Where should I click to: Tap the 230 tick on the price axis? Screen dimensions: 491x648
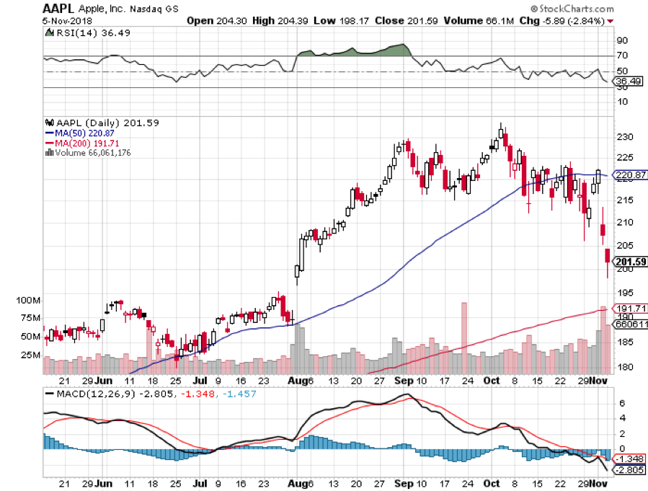point(623,137)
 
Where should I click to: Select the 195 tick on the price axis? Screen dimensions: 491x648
point(623,292)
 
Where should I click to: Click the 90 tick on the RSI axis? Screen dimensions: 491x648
point(621,40)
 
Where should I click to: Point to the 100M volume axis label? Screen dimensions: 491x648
point(28,299)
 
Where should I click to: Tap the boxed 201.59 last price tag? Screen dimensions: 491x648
point(628,262)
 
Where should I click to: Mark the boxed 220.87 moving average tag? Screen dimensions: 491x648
point(629,175)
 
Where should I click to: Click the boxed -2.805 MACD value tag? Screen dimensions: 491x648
point(627,470)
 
